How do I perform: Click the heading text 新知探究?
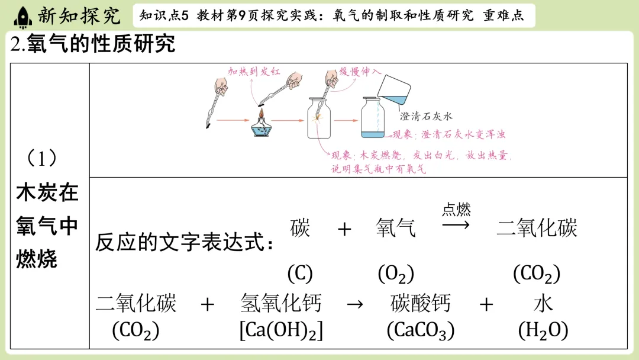(x=78, y=16)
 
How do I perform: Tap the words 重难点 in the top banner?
(x=504, y=16)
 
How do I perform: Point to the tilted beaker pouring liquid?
(x=393, y=89)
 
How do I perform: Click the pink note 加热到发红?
(x=254, y=72)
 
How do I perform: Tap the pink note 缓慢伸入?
(x=359, y=71)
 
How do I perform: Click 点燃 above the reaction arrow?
(x=456, y=209)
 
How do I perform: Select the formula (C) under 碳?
(x=300, y=274)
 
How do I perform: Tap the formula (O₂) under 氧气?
(x=396, y=274)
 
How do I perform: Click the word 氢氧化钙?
(x=281, y=304)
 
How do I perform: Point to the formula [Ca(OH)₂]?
(x=281, y=330)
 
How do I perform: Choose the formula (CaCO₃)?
(x=420, y=330)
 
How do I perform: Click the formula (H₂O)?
(x=543, y=330)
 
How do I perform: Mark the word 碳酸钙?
(x=421, y=304)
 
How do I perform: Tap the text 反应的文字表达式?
(x=185, y=243)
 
